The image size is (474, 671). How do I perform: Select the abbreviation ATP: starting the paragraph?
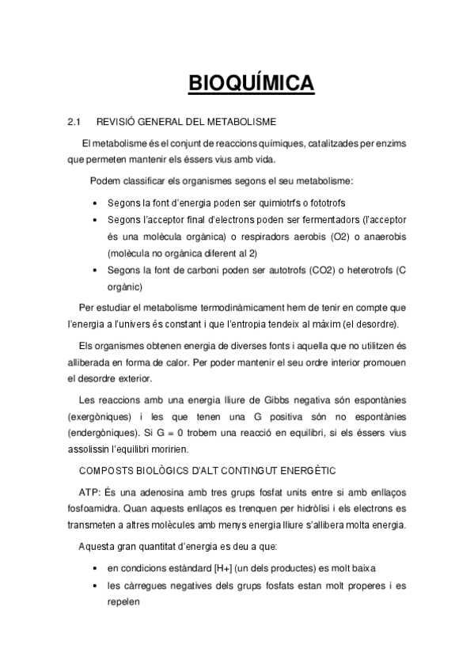[90, 492]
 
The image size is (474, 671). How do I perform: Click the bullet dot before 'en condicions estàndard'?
[97, 568]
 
